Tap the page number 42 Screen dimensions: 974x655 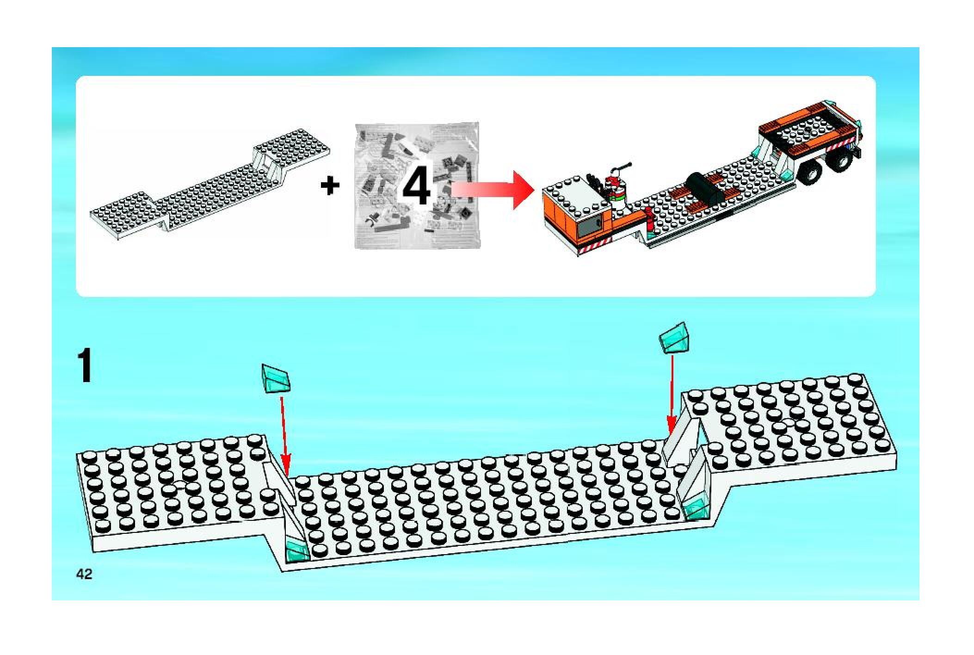(x=85, y=575)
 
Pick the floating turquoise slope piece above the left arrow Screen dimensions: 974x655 (x=276, y=378)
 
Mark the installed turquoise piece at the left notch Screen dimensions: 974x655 (x=296, y=550)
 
